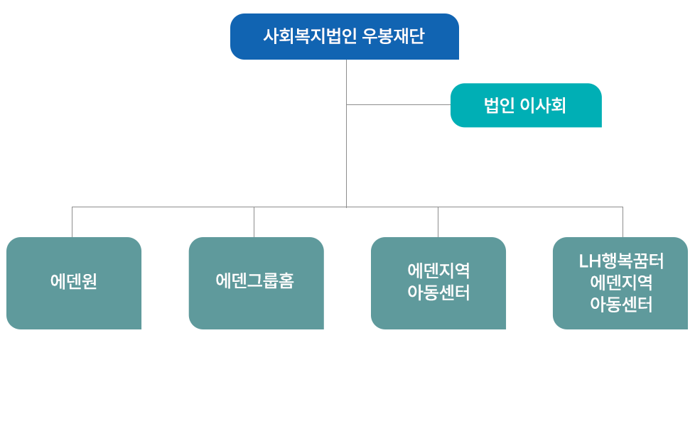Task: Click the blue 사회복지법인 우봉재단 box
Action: pos(344,37)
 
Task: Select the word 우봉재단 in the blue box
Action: pos(393,36)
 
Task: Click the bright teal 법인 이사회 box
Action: pos(525,105)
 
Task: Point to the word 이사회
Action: pos(543,106)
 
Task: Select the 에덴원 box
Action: pos(74,283)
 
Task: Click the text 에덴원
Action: pos(74,281)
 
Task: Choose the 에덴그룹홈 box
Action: pos(256,283)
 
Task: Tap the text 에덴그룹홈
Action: pos(254,280)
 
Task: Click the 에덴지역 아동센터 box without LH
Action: pos(438,283)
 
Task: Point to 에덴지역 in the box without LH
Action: pos(438,271)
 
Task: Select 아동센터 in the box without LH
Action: pos(438,293)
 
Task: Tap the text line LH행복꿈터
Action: pos(621,261)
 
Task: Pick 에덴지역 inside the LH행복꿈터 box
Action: pos(621,283)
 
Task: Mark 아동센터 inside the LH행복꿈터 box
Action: pos(621,305)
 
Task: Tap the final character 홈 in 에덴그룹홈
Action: pos(286,280)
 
